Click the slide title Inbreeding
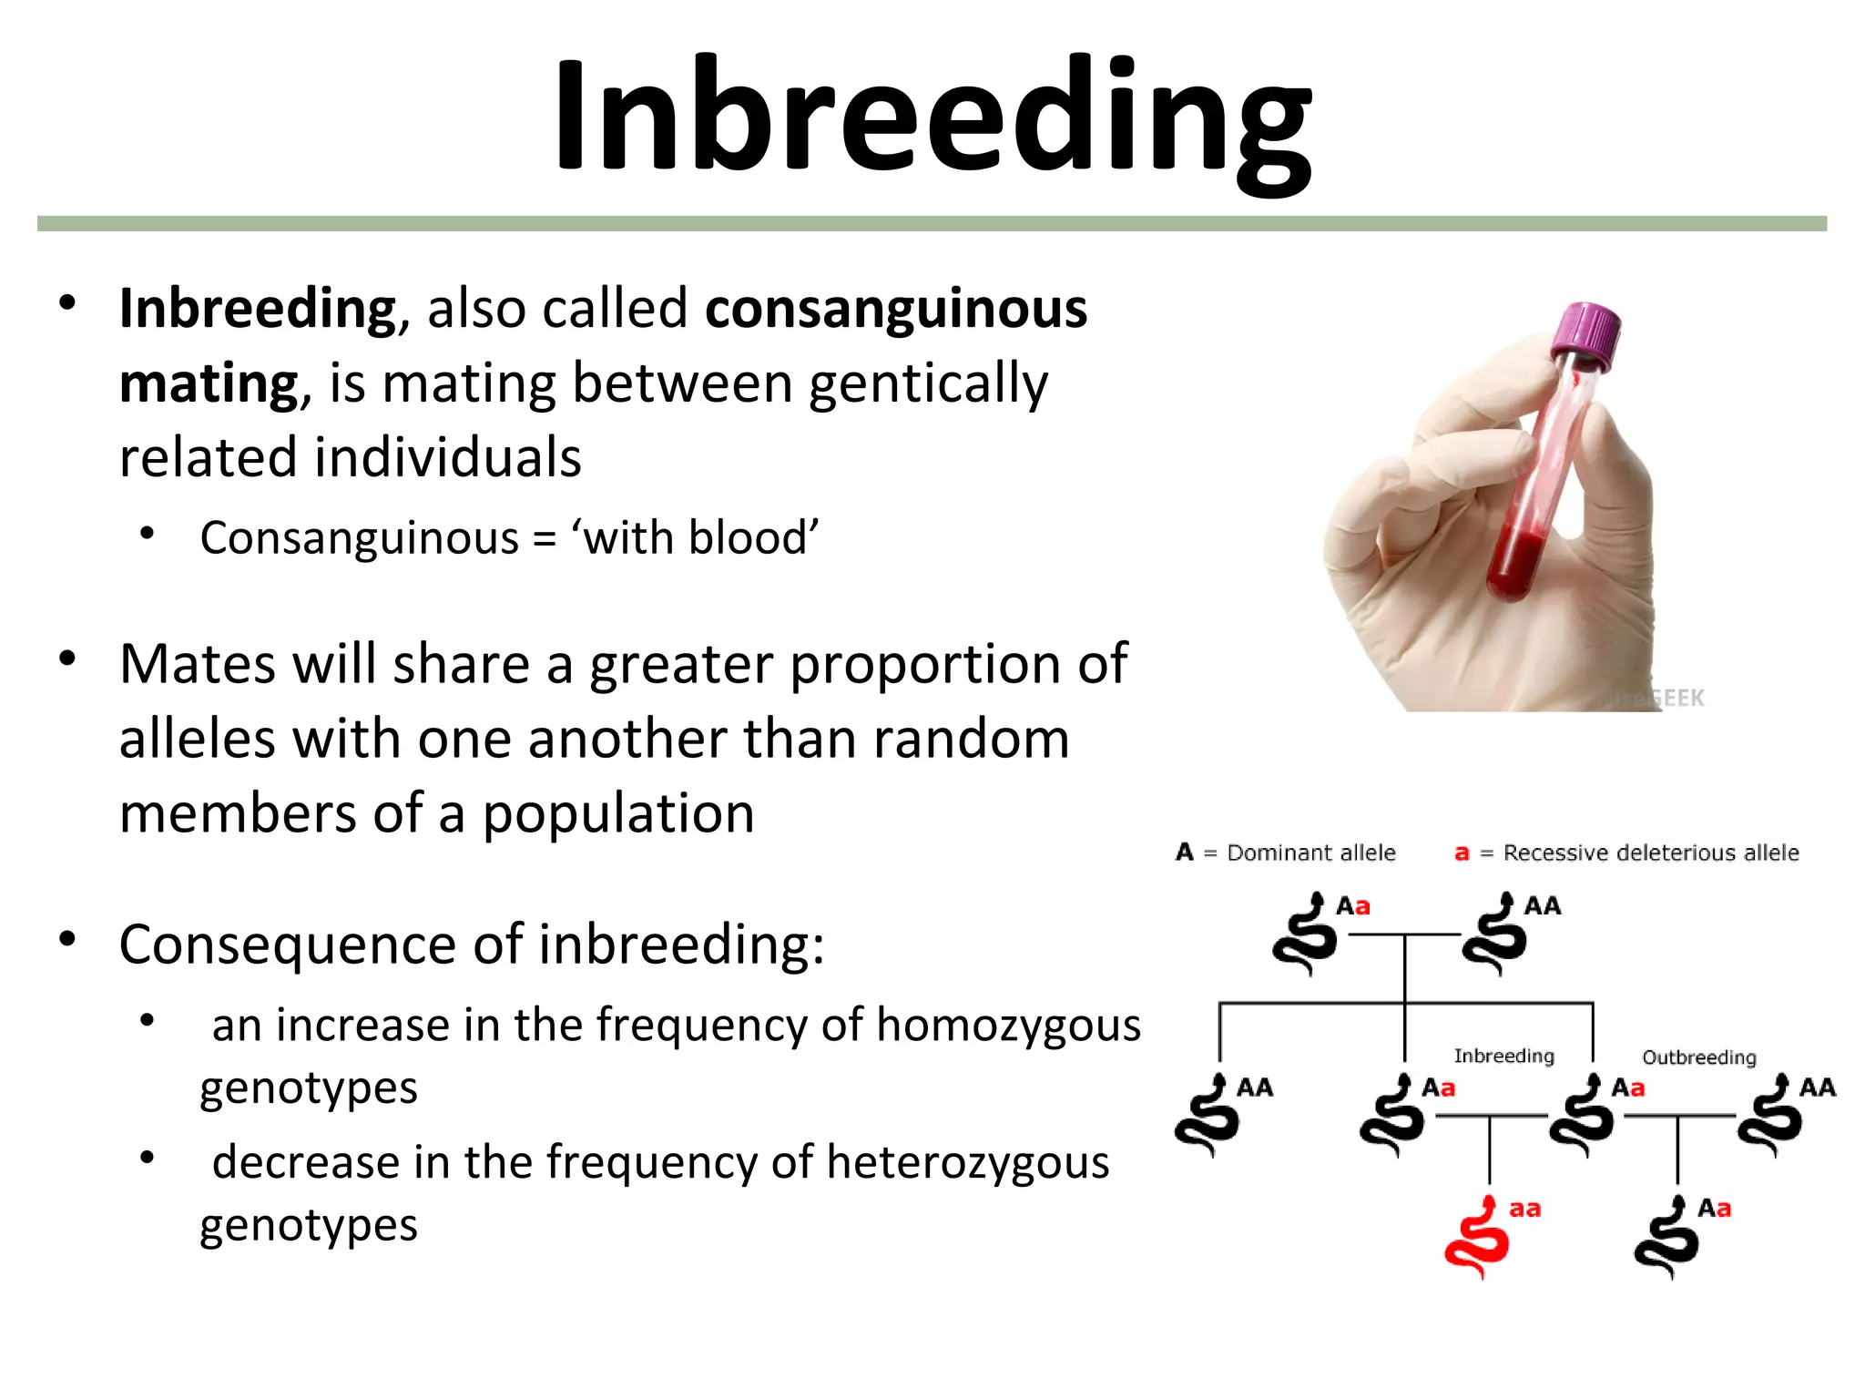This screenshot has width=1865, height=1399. pyautogui.click(x=932, y=117)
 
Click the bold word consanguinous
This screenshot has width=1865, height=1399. pyautogui.click(x=896, y=308)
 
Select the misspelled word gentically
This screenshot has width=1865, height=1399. pyautogui.click(x=928, y=383)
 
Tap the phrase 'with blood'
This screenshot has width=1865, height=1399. pyautogui.click(x=695, y=537)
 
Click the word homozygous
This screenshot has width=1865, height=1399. pyautogui.click(x=1008, y=1025)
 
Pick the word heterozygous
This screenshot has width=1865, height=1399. pyautogui.click(x=968, y=1162)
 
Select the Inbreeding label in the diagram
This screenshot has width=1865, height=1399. pyautogui.click(x=1503, y=1056)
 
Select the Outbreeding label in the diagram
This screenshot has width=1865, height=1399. pyautogui.click(x=1698, y=1057)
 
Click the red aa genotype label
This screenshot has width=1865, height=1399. pyautogui.click(x=1524, y=1210)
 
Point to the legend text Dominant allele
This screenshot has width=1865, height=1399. pyautogui.click(x=1310, y=853)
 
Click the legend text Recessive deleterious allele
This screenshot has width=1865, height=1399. pyautogui.click(x=1650, y=853)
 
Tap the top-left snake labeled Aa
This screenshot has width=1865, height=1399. pyautogui.click(x=1305, y=935)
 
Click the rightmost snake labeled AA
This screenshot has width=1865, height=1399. pyautogui.click(x=1769, y=1117)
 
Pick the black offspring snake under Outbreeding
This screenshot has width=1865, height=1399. pyautogui.click(x=1666, y=1239)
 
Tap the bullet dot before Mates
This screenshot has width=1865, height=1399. pyautogui.click(x=67, y=659)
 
